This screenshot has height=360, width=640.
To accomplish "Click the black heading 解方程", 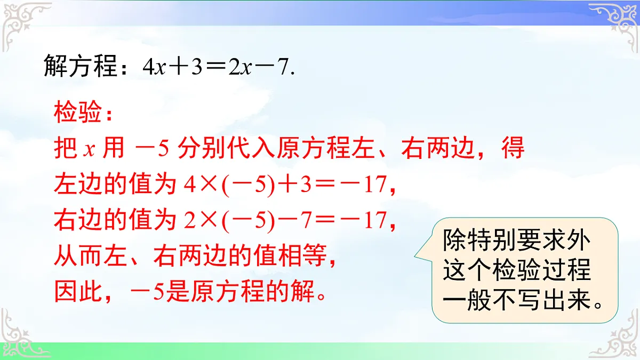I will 80,68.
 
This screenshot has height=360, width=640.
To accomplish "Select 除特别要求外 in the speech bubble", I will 516,241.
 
